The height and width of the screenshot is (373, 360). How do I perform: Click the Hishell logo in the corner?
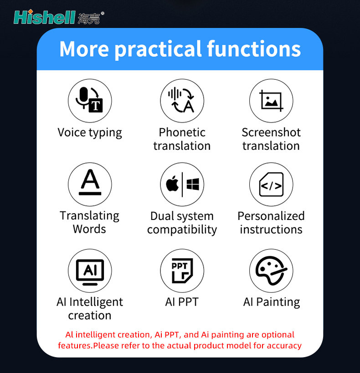pos(59,17)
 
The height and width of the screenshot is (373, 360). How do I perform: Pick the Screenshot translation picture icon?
pos(271,101)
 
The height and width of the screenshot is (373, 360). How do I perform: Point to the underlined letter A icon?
pos(90,182)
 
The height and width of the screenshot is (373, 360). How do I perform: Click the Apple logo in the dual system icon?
pos(173,184)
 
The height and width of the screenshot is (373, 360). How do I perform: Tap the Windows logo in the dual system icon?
pos(193,184)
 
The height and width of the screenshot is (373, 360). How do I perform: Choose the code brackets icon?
pos(271,184)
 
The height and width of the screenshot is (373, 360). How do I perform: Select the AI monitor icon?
pos(90,272)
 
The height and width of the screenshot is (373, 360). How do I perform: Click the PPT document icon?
pos(182,271)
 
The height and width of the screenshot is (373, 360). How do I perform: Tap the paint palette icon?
pos(271,271)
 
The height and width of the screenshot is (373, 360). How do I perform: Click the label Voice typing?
pos(90,133)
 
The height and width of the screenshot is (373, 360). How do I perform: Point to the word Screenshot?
pos(271,132)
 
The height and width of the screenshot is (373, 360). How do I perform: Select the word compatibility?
pos(182,230)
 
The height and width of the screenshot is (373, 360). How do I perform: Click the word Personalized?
pos(271,216)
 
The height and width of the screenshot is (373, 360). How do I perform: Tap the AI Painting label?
pos(272,302)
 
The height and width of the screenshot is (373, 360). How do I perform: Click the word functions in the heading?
pos(254,49)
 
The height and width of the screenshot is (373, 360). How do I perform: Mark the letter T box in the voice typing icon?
pos(96,105)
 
